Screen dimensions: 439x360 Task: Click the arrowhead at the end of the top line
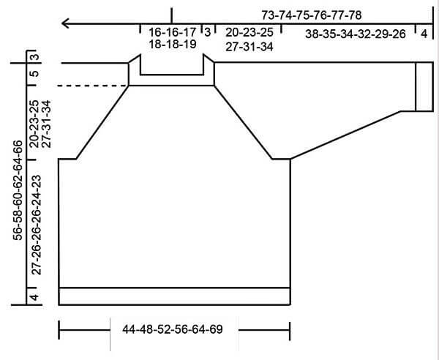point(65,23)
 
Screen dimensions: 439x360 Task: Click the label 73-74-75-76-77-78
point(312,15)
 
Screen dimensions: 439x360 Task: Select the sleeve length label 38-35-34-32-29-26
point(356,34)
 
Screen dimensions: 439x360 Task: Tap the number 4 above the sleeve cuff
point(424,34)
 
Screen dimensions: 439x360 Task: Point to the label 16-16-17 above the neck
point(172,32)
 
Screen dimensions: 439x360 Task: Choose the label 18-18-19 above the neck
point(172,44)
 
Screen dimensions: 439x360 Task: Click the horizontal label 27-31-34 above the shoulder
point(249,47)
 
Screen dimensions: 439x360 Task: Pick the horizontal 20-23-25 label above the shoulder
point(249,32)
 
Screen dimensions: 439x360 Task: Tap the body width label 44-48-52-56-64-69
point(173,329)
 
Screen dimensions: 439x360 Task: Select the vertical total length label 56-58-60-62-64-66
point(18,190)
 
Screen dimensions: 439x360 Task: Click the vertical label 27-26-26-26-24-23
point(37,225)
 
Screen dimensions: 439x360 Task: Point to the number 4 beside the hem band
point(34,297)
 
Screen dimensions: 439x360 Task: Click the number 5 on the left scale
point(34,74)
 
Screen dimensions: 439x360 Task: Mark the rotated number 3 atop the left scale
point(34,57)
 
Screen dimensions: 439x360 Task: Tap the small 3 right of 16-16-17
point(207,32)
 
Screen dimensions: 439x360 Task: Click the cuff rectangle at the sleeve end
point(424,87)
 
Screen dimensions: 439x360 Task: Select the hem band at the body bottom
point(175,296)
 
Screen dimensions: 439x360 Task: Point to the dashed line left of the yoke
point(93,86)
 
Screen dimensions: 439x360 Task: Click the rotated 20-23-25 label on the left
point(35,124)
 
